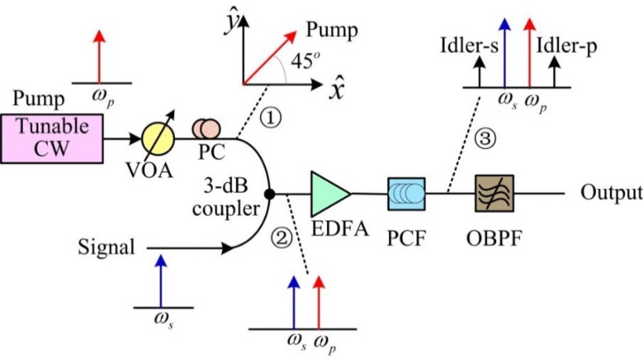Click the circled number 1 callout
[270, 118]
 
